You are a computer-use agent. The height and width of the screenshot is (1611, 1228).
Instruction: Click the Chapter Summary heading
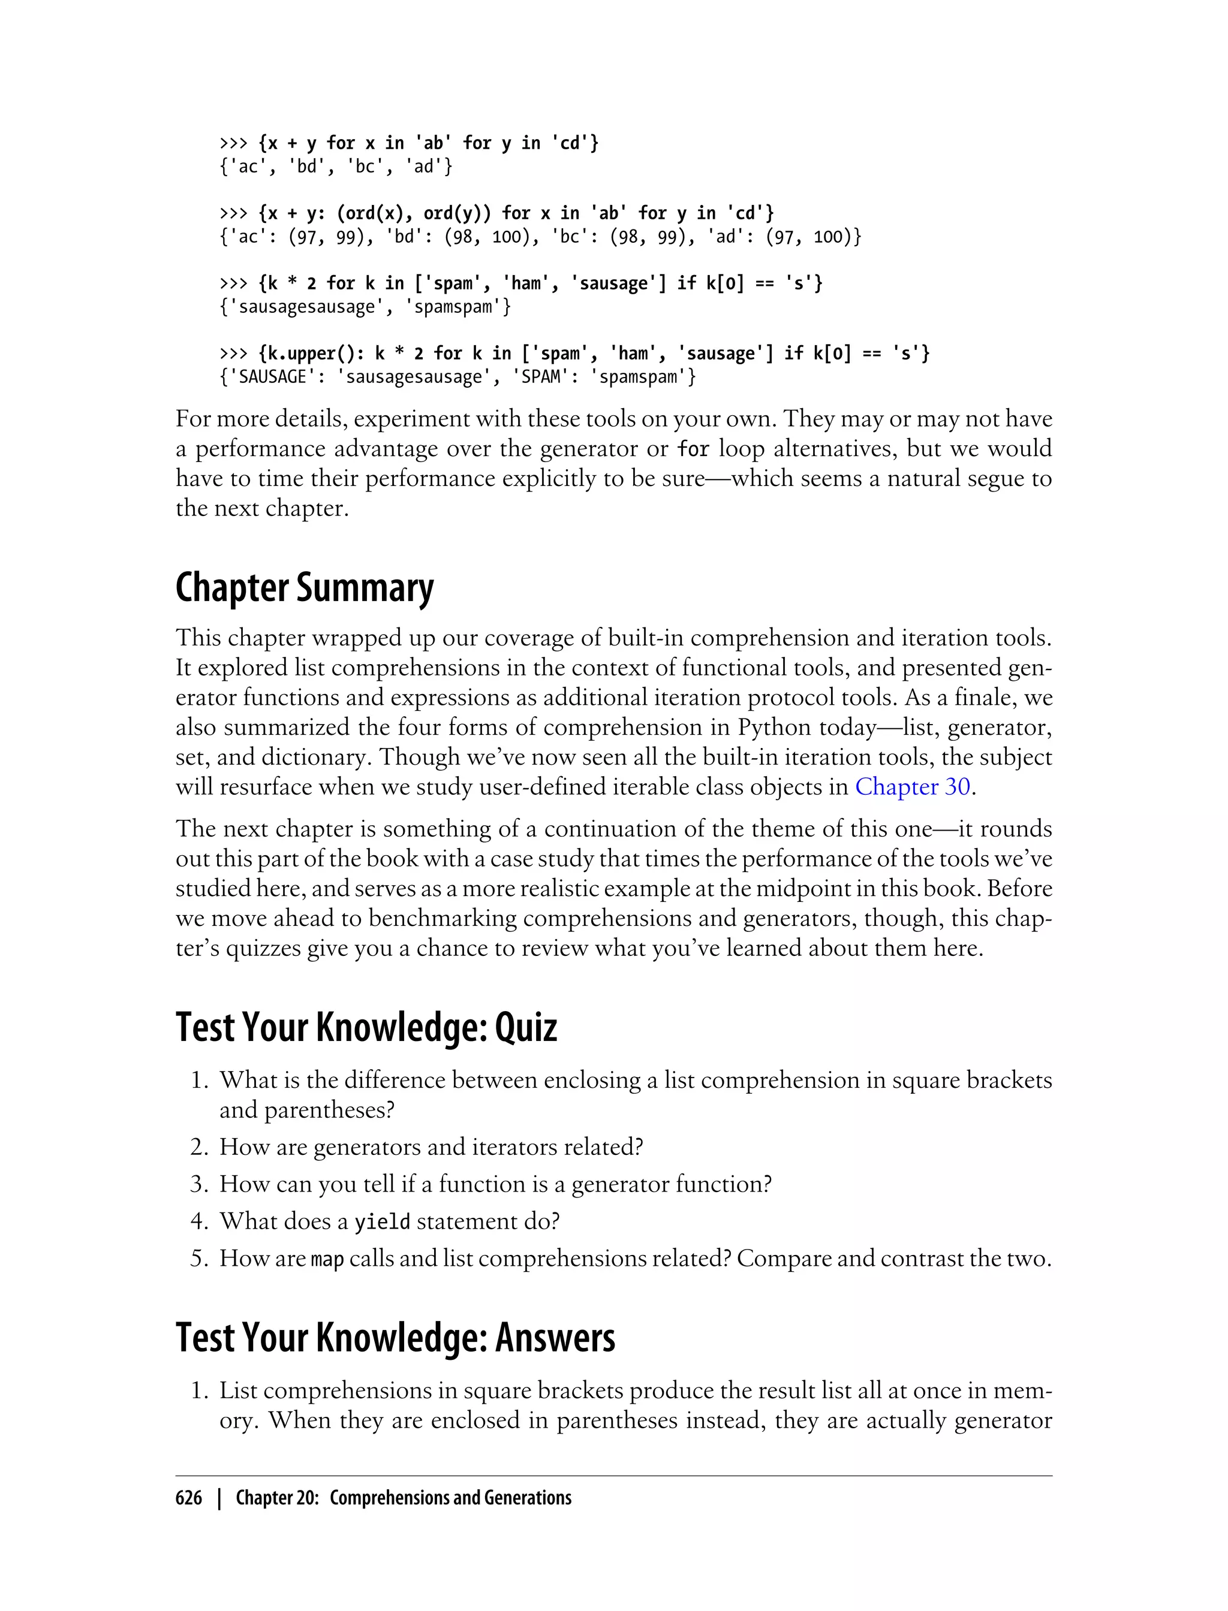tap(304, 588)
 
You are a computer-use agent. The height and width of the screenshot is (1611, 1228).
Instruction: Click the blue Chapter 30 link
tap(912, 787)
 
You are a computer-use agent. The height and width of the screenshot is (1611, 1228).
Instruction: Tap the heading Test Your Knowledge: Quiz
tap(366, 1027)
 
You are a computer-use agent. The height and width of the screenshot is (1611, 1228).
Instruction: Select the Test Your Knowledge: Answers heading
tap(396, 1338)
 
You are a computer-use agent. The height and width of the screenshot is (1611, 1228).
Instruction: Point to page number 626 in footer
tap(189, 1498)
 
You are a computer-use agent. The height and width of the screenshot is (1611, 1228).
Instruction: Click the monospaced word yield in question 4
tap(381, 1222)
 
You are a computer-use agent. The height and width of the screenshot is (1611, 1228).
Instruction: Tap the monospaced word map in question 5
tap(327, 1260)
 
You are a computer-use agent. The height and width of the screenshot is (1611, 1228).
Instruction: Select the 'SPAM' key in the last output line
tap(541, 378)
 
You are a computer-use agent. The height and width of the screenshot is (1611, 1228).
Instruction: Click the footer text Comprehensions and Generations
tap(450, 1498)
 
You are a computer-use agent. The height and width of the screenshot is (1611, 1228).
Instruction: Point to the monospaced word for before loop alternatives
tap(693, 448)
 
